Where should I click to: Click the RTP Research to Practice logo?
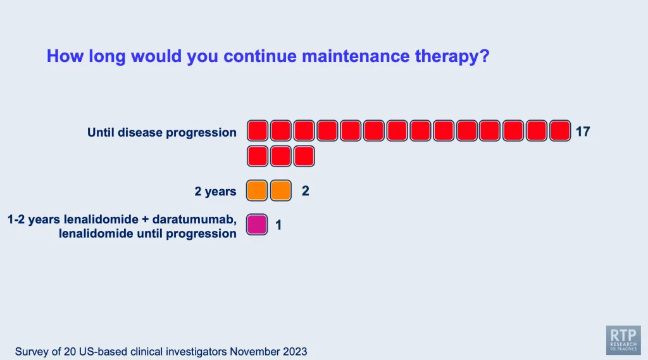point(623,340)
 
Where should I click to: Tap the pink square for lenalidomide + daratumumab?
point(257,225)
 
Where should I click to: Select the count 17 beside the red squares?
point(583,132)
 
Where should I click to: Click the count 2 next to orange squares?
point(306,191)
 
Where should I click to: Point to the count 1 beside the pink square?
point(278,225)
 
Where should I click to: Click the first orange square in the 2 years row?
point(257,190)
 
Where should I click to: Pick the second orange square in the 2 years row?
point(280,190)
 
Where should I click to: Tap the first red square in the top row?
point(258,130)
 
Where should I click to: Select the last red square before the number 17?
point(560,130)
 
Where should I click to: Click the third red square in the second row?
point(304,156)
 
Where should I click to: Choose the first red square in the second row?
point(258,156)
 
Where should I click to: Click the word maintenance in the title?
point(356,56)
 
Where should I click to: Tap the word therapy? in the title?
point(452,57)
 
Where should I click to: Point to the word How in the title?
point(65,56)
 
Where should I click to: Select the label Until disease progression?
point(162,133)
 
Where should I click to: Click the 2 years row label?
point(215,192)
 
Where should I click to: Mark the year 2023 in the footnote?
point(295,352)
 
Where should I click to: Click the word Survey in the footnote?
point(32,352)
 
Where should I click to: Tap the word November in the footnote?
point(254,352)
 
